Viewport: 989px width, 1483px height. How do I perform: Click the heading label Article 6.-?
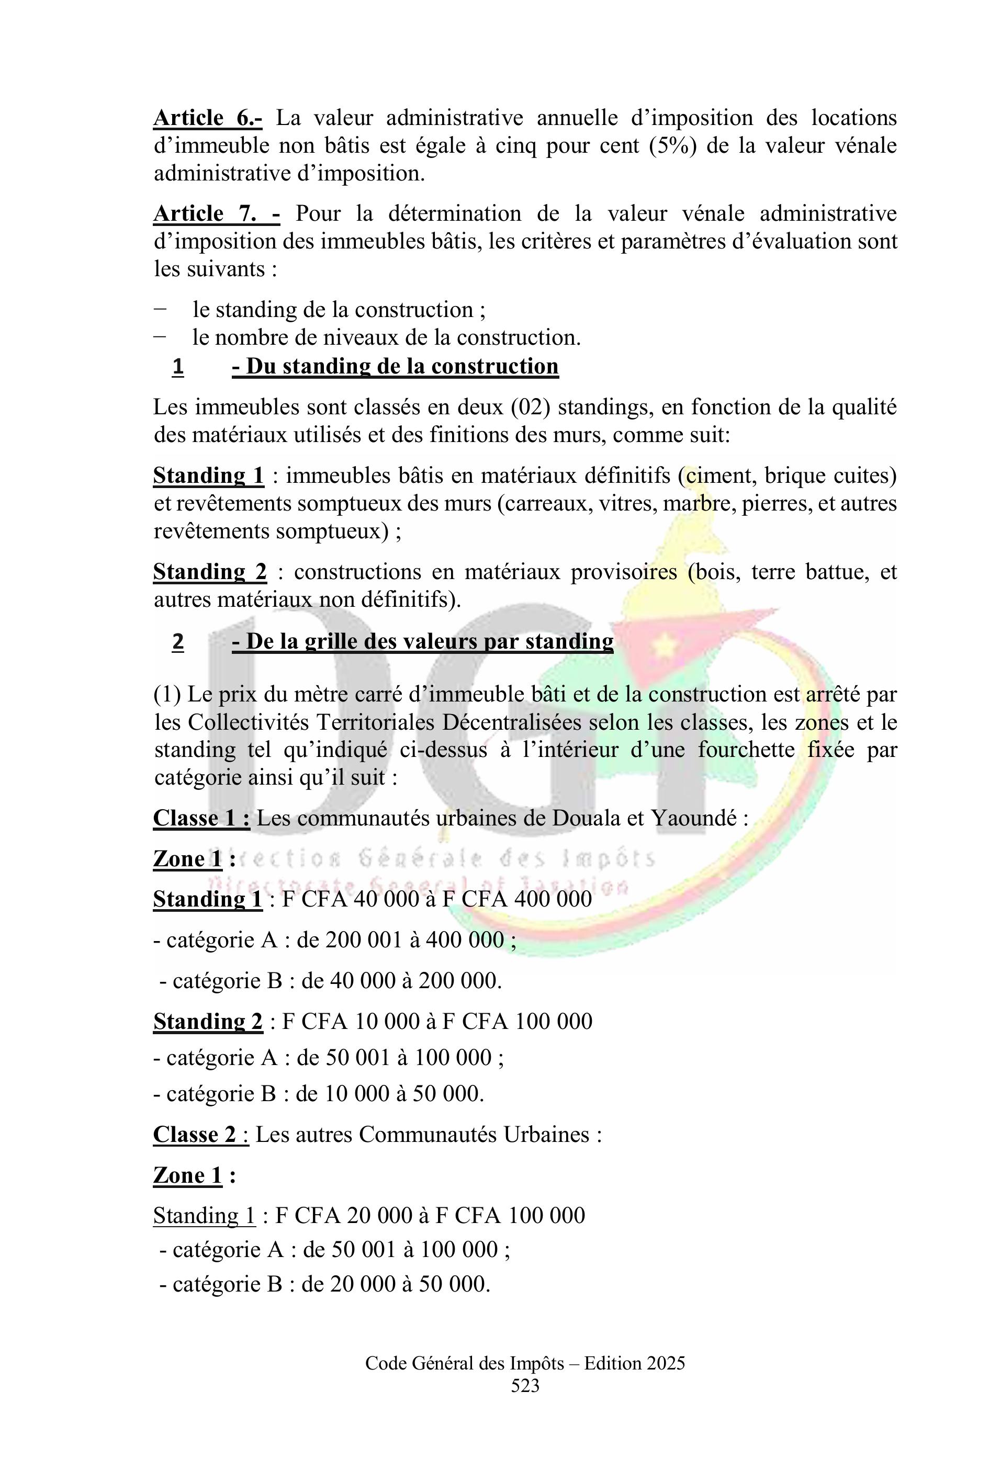pyautogui.click(x=208, y=118)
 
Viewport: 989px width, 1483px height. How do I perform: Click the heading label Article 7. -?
pyautogui.click(x=216, y=214)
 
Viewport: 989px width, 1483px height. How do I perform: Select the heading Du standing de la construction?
pyautogui.click(x=395, y=366)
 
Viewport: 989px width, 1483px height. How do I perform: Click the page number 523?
pyautogui.click(x=525, y=1386)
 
